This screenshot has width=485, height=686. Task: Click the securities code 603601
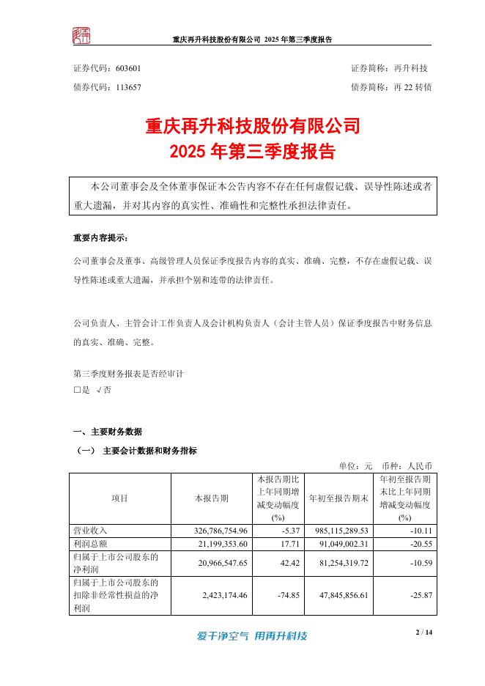tap(128, 68)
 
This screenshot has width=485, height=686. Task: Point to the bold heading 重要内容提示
tap(104, 238)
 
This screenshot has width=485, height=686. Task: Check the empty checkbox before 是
tap(77, 391)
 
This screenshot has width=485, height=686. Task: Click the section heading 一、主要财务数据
tap(108, 431)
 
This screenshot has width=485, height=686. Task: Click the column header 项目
tap(120, 498)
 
